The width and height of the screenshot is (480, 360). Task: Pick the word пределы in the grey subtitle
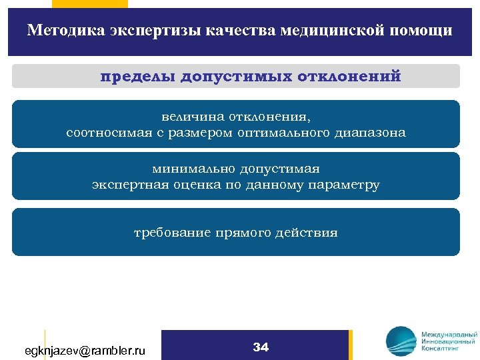(x=137, y=76)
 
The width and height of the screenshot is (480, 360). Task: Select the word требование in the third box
(x=171, y=233)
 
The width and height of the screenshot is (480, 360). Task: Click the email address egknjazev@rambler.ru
(x=85, y=350)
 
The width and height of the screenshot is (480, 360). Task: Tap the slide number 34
(x=261, y=347)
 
